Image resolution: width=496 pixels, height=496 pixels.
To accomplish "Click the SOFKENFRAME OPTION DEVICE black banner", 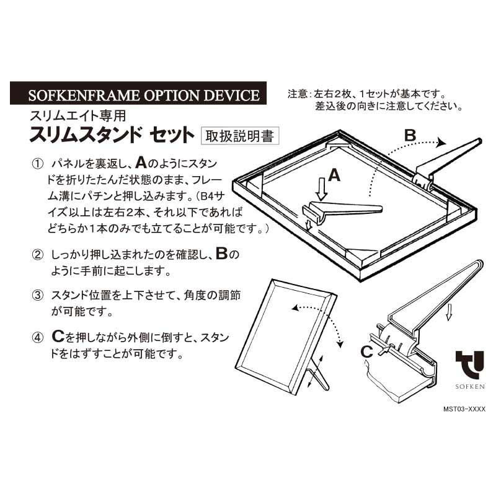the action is (x=138, y=93).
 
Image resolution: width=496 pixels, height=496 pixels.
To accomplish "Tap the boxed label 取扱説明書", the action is (x=240, y=136).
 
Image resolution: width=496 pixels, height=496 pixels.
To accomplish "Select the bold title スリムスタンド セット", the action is (x=112, y=135).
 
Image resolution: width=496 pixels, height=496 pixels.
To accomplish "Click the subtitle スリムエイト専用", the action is (x=78, y=116).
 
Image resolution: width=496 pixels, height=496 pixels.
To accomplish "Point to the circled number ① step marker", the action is (x=38, y=164).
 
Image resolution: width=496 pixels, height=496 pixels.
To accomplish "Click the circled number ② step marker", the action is (x=38, y=254).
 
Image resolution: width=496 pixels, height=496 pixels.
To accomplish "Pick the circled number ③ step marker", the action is (x=38, y=296).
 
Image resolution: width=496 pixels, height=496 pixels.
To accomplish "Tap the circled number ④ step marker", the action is (x=38, y=338).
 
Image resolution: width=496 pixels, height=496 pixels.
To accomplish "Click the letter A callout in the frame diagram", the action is (x=334, y=175).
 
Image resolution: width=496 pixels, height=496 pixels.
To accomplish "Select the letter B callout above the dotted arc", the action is (x=410, y=135).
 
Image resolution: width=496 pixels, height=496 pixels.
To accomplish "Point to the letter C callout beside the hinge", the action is (x=366, y=352).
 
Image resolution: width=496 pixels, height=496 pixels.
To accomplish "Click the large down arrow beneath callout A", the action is (x=322, y=189).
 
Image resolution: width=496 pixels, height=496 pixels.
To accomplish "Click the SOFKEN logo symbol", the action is (x=470, y=365).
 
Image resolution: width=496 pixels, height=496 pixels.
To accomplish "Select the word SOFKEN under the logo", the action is (x=470, y=386).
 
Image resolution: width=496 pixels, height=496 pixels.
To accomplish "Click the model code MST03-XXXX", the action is (x=464, y=409).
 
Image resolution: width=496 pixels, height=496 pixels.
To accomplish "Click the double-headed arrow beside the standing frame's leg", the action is (x=316, y=370).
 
